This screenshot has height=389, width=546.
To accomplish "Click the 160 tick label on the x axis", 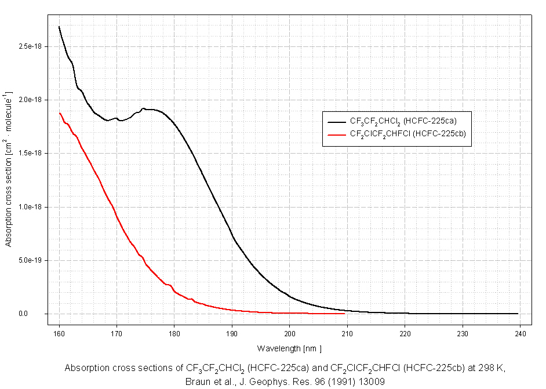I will pyautogui.click(x=59, y=334).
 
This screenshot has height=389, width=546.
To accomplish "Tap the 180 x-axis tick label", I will pyautogui.click(x=174, y=334).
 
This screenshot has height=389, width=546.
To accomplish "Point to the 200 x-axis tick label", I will pyautogui.click(x=290, y=334).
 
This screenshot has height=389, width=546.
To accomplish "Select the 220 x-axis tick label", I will pyautogui.click(x=405, y=334).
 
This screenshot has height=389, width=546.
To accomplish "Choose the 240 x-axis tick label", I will pyautogui.click(x=520, y=334).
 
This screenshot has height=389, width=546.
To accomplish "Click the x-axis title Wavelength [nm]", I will pyautogui.click(x=289, y=348).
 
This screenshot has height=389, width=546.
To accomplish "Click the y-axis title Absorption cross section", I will pyautogui.click(x=8, y=169).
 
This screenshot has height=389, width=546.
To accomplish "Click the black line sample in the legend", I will pyautogui.click(x=336, y=122).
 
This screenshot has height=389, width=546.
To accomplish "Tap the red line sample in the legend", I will pyautogui.click(x=336, y=134).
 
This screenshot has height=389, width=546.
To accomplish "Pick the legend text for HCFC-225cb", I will pyautogui.click(x=408, y=134).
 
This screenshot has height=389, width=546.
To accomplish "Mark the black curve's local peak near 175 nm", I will pyautogui.click(x=143, y=108).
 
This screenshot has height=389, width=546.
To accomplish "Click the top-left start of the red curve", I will pyautogui.click(x=60, y=113).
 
